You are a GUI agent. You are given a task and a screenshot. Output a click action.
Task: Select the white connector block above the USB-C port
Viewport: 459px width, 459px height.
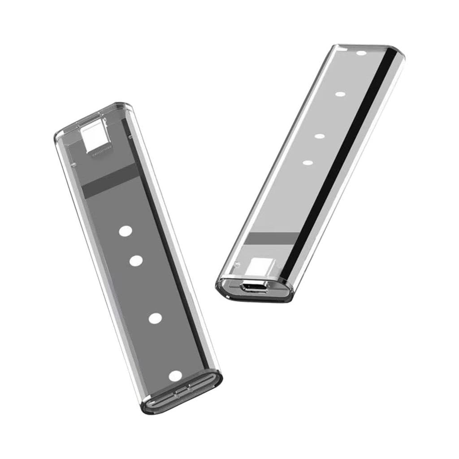261,267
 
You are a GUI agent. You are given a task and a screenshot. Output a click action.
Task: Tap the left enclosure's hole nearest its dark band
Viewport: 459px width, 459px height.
125,231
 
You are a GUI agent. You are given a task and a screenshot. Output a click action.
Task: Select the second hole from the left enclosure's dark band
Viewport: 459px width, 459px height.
136,261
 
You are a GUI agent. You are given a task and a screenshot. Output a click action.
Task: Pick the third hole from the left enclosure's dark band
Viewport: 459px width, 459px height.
155,318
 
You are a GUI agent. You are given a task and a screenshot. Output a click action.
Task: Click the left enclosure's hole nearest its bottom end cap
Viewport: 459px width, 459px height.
175,376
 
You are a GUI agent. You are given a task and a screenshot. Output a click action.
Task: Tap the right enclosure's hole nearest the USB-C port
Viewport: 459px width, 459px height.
307,162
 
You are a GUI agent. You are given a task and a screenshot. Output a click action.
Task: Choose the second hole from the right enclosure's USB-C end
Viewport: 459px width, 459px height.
319,136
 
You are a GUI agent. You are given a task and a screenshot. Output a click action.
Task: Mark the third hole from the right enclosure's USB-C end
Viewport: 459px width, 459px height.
340,94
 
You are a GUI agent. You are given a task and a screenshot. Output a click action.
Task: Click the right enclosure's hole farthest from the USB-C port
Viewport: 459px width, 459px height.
361,53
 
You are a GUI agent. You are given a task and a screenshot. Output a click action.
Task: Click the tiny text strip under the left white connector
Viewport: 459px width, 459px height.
102,155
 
